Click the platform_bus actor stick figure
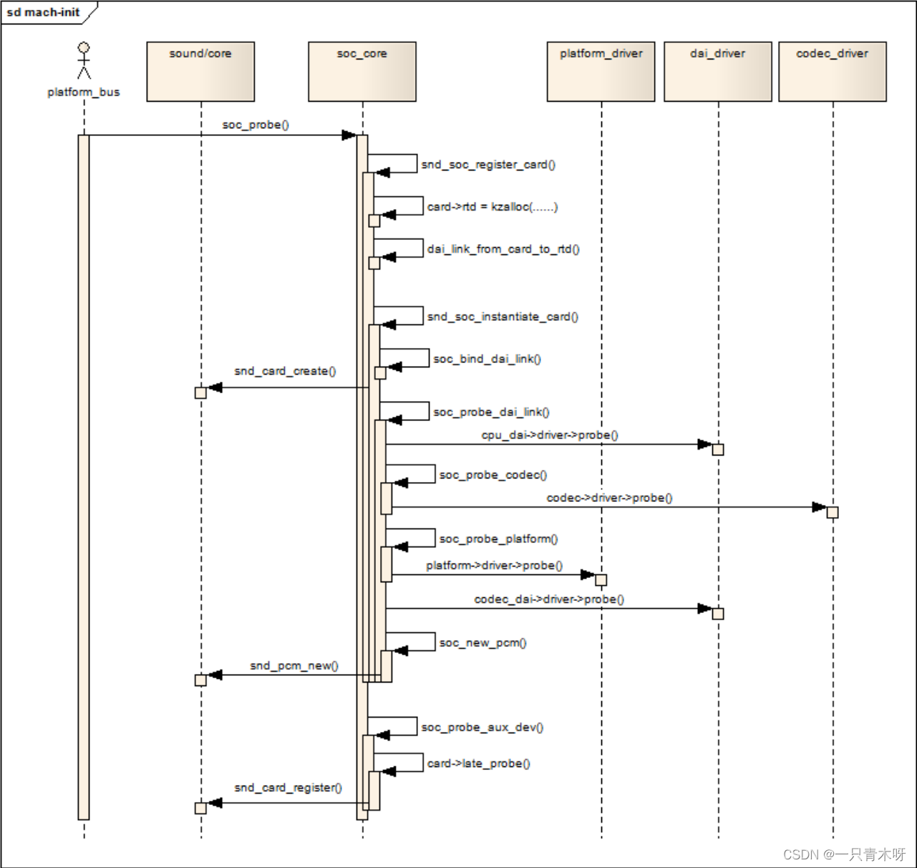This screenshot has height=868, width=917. tap(84, 62)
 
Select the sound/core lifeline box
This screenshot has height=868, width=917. tap(200, 71)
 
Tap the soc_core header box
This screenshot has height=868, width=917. tap(362, 71)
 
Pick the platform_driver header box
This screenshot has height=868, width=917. tap(601, 71)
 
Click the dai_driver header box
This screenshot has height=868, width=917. tap(718, 71)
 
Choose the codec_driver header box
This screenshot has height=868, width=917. tap(833, 71)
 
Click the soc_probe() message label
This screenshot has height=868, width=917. tap(256, 125)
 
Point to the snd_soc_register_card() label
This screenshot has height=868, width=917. tap(488, 165)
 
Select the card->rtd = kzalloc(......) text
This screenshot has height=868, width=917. tap(493, 207)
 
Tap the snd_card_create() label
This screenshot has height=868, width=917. tap(285, 371)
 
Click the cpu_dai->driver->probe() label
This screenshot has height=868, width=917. tap(550, 435)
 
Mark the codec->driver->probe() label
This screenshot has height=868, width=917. tap(609, 498)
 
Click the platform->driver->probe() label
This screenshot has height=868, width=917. tap(495, 566)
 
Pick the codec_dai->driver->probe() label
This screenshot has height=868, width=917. tap(549, 599)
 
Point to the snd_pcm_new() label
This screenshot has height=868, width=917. tap(294, 666)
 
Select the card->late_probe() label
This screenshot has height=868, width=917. tap(479, 763)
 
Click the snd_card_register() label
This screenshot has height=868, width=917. tap(288, 788)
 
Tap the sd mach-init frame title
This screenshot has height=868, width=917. tap(44, 12)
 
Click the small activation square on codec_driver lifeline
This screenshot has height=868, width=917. tap(833, 512)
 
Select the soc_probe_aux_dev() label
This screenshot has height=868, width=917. tap(482, 728)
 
